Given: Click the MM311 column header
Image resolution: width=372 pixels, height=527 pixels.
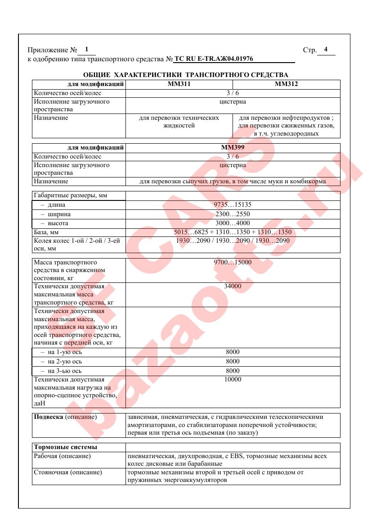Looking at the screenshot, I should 179,84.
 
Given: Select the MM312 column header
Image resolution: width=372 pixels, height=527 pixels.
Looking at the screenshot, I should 286,84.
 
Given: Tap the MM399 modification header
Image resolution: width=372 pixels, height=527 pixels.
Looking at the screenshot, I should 233,147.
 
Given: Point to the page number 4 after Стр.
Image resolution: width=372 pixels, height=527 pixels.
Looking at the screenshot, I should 325,49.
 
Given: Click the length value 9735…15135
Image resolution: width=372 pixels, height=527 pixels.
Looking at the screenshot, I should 233,204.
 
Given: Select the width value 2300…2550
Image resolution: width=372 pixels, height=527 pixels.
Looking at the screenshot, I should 233,214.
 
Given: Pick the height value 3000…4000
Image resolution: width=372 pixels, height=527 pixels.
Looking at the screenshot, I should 233,223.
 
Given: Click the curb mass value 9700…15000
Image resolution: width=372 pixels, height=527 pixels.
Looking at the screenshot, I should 233,262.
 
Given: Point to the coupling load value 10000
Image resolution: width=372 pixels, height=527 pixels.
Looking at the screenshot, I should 233,379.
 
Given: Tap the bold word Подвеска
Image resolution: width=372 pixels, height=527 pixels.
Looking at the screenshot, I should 49,417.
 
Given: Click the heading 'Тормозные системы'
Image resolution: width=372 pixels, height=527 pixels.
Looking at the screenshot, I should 66,447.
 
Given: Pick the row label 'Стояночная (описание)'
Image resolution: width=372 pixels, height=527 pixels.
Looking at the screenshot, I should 68,472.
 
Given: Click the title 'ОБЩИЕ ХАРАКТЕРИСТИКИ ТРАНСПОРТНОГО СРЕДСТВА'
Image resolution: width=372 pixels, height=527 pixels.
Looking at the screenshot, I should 186,74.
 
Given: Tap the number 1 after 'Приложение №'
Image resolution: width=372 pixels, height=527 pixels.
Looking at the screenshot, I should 86,49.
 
